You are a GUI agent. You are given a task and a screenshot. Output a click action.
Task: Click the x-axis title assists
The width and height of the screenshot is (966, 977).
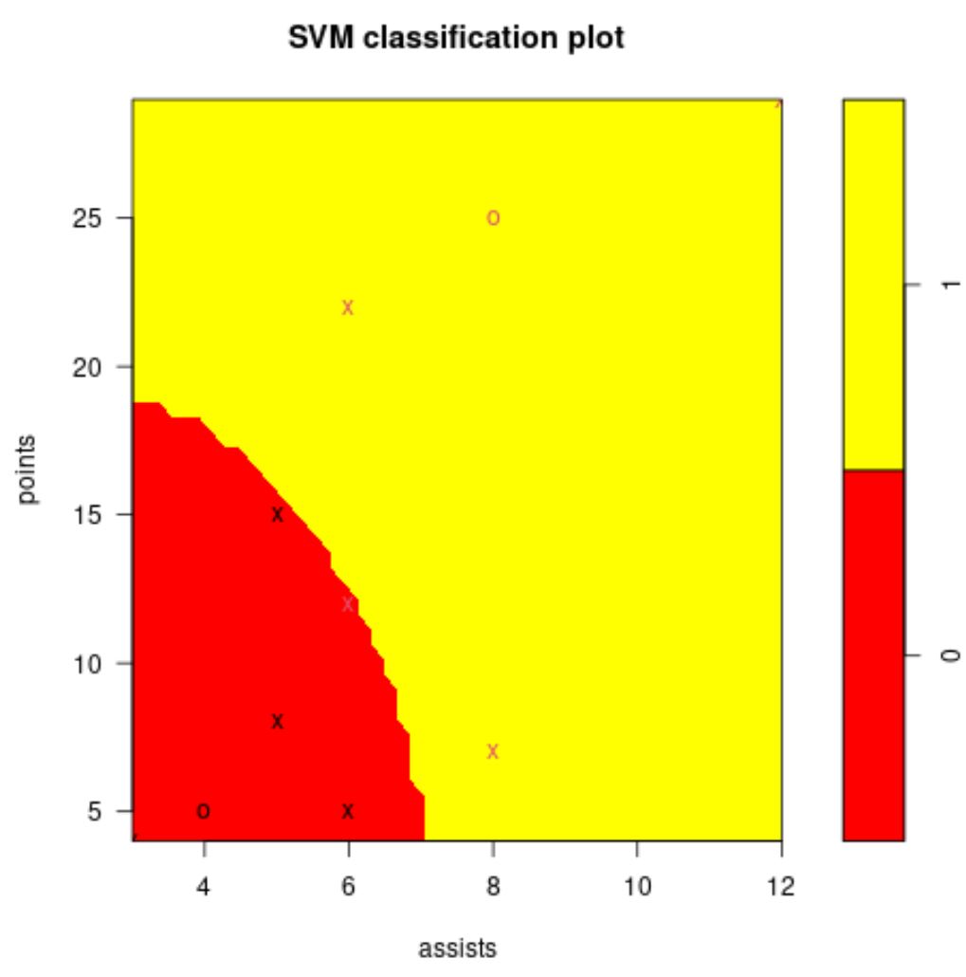pos(458,948)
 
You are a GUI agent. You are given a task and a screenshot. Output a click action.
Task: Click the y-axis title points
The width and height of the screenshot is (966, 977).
pos(29,470)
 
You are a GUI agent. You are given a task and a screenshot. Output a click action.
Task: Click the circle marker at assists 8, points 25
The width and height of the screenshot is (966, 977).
pos(493,218)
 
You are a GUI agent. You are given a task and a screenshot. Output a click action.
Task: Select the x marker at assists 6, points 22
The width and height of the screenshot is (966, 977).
pos(348,307)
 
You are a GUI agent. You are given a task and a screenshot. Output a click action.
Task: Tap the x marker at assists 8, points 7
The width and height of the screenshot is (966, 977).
pos(493,752)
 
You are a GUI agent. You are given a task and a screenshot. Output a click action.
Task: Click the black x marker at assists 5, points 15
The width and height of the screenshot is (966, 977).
pos(277,515)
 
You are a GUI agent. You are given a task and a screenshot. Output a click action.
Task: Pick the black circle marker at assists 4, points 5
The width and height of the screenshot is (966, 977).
pos(204,811)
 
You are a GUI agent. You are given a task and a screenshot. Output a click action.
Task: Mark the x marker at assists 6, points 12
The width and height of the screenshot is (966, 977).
pos(348,604)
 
